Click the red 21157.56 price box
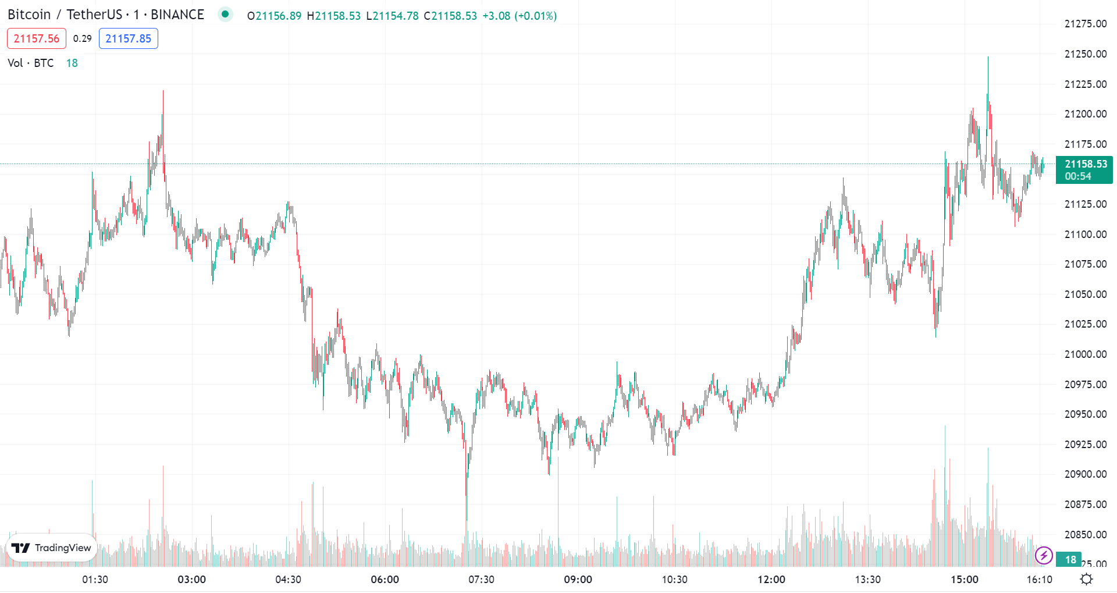36,39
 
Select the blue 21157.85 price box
128,39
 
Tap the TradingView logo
51,548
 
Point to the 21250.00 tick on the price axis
1085,54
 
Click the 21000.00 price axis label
1085,354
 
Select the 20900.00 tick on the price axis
1085,474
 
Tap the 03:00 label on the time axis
191,580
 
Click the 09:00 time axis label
578,580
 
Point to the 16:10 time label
1039,580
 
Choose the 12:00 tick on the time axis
771,580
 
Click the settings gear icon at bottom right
1086,579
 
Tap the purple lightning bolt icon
1044,556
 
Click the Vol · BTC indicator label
31,63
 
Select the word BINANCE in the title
177,15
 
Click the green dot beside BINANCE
225,14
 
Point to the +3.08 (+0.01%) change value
520,16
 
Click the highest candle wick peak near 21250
988,58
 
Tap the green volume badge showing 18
1069,559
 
